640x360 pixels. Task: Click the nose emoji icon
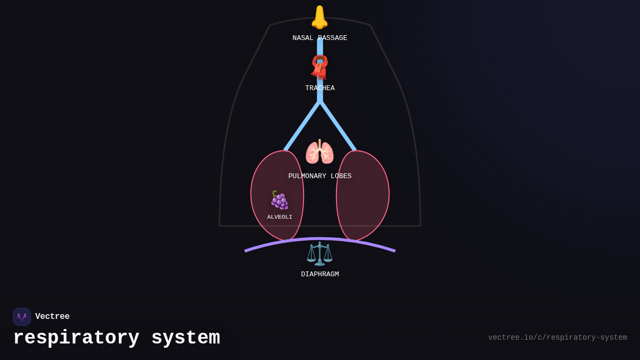[x=319, y=17]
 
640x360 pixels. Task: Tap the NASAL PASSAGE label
[x=319, y=38]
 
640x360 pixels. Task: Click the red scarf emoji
[x=319, y=67]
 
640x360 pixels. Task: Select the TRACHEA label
[x=319, y=89]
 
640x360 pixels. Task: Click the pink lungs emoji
[x=319, y=153]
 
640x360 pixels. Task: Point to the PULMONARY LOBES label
[x=319, y=177]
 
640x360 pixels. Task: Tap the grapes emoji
[x=279, y=201]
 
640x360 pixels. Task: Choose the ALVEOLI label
[x=279, y=217]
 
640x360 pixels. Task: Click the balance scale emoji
[x=319, y=254]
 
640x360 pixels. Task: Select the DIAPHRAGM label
[x=319, y=275]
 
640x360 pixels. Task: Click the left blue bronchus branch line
[x=302, y=126]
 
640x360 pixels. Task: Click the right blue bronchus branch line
[x=338, y=126]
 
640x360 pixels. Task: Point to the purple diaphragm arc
[x=363, y=243]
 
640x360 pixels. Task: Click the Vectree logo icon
[x=22, y=317]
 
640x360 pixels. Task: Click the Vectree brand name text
[x=52, y=317]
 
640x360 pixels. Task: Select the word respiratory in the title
[x=76, y=338]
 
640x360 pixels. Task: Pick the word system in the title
[x=186, y=338]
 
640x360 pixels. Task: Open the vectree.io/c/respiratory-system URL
[x=557, y=338]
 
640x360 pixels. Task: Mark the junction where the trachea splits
[x=320, y=101]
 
